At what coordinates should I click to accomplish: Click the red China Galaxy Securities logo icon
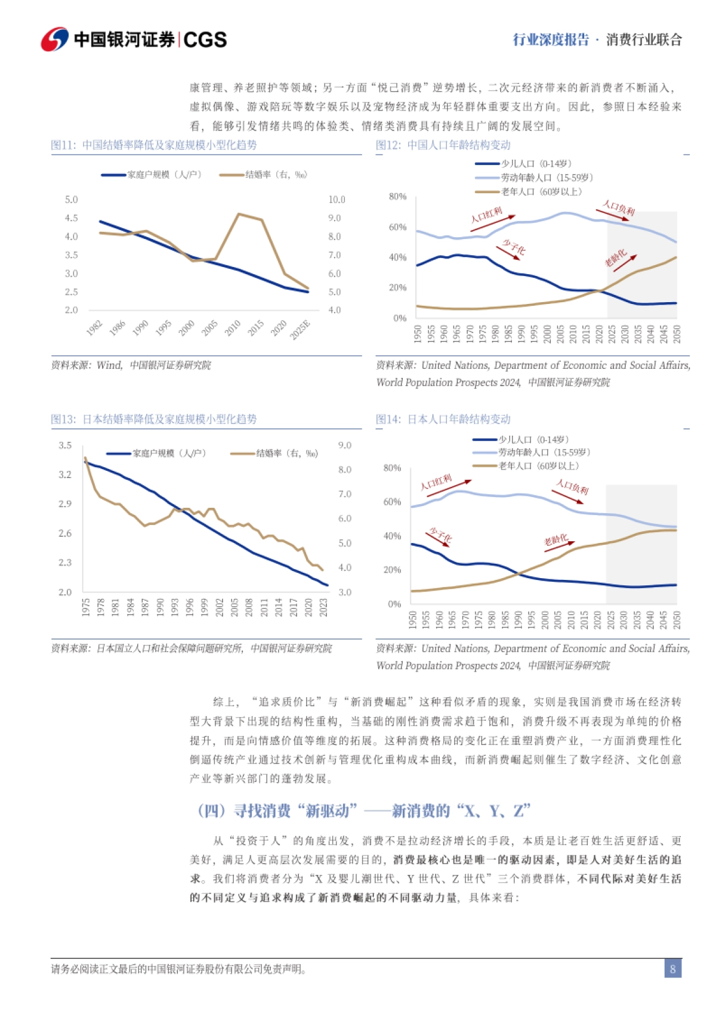[55, 39]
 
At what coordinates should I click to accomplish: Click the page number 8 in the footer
[672, 968]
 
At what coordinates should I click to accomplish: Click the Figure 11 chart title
[154, 145]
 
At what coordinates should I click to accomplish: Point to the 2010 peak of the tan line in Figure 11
[239, 214]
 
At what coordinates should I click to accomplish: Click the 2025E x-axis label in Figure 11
[301, 330]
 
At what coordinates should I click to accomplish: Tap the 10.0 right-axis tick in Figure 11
[337, 200]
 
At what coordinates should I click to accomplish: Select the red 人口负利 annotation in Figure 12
[618, 208]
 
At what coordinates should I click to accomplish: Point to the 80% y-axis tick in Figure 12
[397, 196]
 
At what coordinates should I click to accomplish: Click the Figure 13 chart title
[154, 419]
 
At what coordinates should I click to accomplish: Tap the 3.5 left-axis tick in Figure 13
[65, 445]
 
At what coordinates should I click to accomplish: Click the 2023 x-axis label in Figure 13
[323, 607]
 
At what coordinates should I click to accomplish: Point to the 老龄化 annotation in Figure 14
[555, 540]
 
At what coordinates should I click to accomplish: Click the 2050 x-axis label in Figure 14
[677, 619]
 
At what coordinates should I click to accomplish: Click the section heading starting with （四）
[364, 811]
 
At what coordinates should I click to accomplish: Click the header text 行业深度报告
[551, 40]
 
